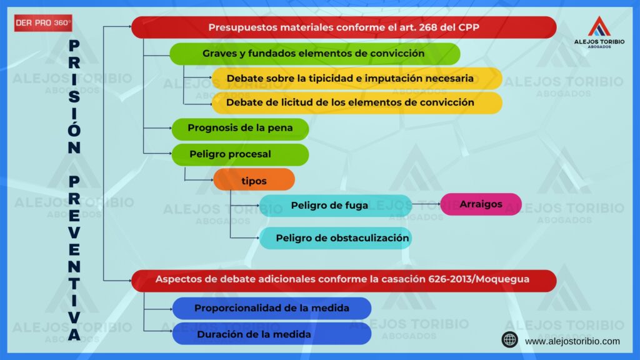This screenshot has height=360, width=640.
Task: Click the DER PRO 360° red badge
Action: (43, 23)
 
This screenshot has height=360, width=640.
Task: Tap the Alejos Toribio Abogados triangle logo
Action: (599, 26)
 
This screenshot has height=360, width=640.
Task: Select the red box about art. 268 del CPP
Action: (344, 27)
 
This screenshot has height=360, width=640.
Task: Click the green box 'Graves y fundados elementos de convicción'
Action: (315, 54)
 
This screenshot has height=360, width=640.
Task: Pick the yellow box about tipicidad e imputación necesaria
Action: (357, 78)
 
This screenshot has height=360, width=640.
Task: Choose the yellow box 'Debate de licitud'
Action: (357, 102)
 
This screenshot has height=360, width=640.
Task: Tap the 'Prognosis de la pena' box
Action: (240, 129)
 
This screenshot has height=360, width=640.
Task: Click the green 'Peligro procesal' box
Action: (240, 154)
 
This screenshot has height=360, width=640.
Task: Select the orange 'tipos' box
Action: (254, 180)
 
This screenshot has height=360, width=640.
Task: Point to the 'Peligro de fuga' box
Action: (336, 205)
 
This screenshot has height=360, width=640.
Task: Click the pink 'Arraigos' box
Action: (481, 204)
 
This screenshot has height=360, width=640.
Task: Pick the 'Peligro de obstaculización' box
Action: (336, 238)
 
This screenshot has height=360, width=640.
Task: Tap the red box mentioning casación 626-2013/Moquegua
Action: (344, 281)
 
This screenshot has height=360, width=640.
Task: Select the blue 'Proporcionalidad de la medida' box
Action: (272, 308)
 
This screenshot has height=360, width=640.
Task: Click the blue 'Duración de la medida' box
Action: (272, 334)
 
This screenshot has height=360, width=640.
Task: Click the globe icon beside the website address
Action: (510, 339)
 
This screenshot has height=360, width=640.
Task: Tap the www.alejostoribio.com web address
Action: (572, 341)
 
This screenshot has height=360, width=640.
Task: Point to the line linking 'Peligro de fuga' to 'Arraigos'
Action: (426, 203)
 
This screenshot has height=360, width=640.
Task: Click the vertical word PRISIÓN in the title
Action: (74, 97)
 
